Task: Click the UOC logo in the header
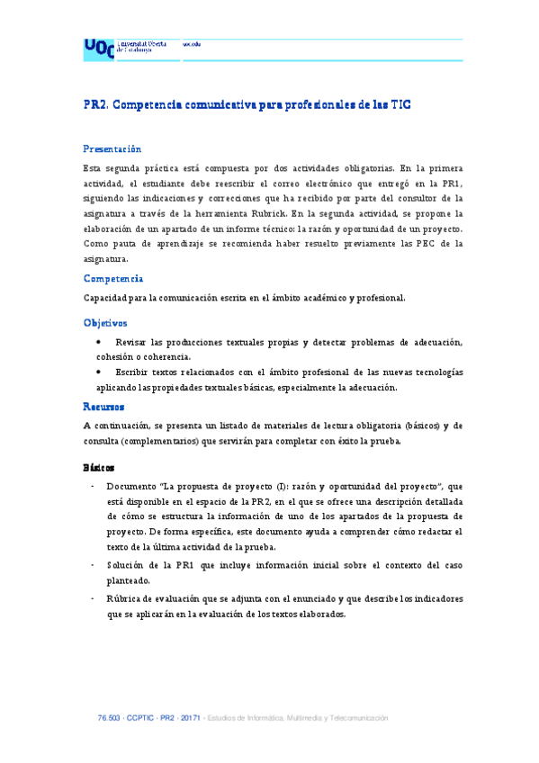click(99, 49)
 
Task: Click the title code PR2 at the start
click(95, 104)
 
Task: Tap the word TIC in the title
click(400, 104)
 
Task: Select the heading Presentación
click(112, 148)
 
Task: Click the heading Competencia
click(113, 278)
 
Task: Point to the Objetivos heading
click(105, 322)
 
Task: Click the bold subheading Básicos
click(99, 468)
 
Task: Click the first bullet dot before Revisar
click(99, 342)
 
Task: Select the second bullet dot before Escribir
click(99, 372)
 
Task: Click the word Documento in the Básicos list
click(133, 487)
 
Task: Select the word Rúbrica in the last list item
click(127, 598)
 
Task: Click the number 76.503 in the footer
click(109, 718)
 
